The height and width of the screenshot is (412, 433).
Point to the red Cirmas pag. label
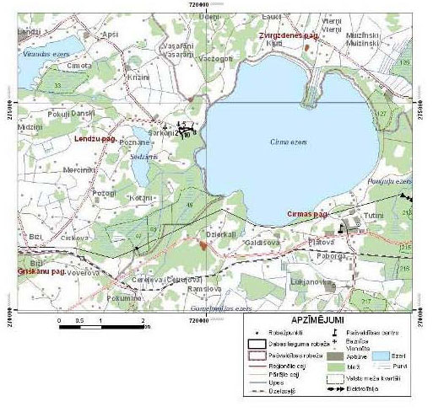pos(306,215)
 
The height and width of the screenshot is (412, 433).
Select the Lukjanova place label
pos(308,281)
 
